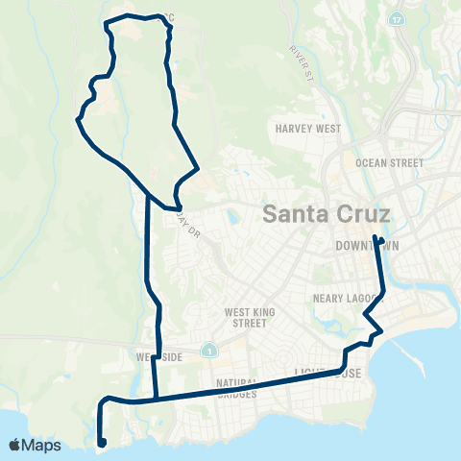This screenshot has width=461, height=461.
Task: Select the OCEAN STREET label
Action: (x=389, y=163)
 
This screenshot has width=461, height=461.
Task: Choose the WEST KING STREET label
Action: (x=252, y=317)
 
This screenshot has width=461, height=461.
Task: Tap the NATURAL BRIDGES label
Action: (x=237, y=388)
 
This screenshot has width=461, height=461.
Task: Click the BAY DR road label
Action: (x=185, y=227)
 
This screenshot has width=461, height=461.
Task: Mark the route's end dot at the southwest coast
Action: (x=101, y=443)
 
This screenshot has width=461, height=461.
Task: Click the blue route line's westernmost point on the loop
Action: (x=77, y=120)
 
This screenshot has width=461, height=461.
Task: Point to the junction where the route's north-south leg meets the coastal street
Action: (x=155, y=396)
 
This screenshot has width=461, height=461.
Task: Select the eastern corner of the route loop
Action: (x=198, y=170)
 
